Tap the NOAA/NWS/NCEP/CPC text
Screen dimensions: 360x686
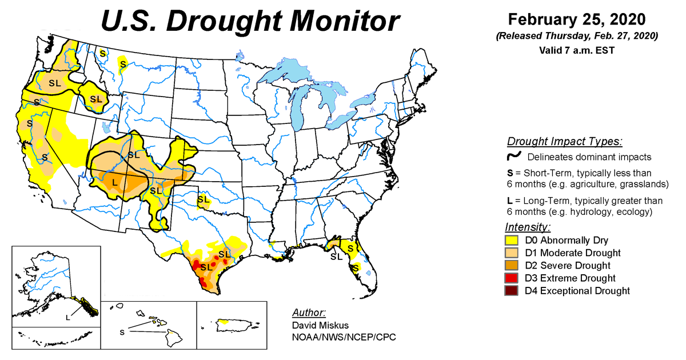coord(344,337)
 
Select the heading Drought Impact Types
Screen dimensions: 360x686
coord(564,142)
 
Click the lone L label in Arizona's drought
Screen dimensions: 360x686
coord(115,182)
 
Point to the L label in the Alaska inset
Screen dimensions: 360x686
coord(67,318)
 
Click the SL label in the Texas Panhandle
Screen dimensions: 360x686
coord(203,199)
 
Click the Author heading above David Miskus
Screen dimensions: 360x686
coord(309,313)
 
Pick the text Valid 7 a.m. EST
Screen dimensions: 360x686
coord(577,50)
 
